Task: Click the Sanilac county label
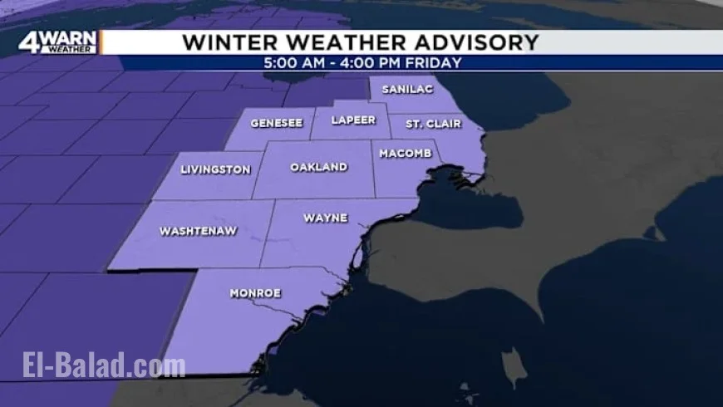(405, 89)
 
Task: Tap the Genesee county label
(276, 123)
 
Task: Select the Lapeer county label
(353, 120)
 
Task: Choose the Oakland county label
(318, 167)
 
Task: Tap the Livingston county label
(215, 169)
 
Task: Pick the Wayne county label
(325, 218)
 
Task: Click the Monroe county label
(255, 293)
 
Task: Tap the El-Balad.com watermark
(103, 365)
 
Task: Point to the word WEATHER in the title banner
(342, 42)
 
